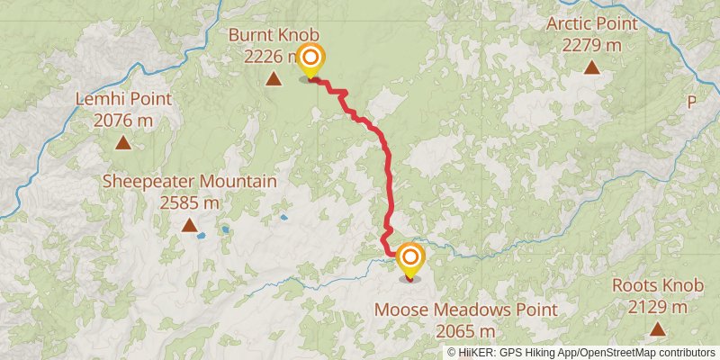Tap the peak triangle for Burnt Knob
click(x=273, y=79)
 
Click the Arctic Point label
click(x=591, y=23)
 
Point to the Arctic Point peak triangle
click(x=591, y=67)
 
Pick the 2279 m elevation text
click(x=591, y=44)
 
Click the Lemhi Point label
click(x=122, y=100)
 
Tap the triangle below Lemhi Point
click(x=122, y=142)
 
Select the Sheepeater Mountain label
click(x=189, y=182)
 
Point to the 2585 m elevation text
click(x=189, y=202)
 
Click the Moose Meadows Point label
click(x=465, y=310)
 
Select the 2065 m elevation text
click(x=465, y=331)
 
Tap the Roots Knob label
click(x=657, y=286)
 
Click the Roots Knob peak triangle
click(x=660, y=329)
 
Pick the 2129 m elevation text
click(x=657, y=307)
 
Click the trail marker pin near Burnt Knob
click(x=310, y=60)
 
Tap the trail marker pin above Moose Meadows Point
click(x=410, y=259)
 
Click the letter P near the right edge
click(x=692, y=103)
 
